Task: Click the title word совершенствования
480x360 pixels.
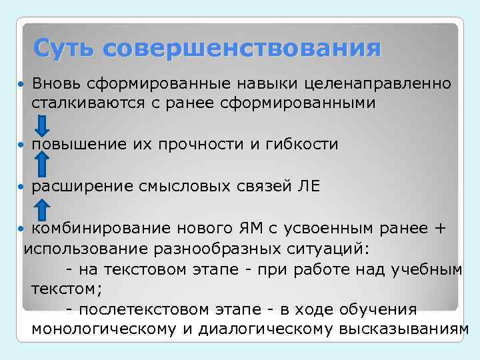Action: coord(243,49)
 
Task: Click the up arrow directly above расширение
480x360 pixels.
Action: coord(41,165)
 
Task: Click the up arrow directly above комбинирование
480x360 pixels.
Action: coord(41,208)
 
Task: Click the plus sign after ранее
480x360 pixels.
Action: coord(439,229)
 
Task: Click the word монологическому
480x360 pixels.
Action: coord(113,329)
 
